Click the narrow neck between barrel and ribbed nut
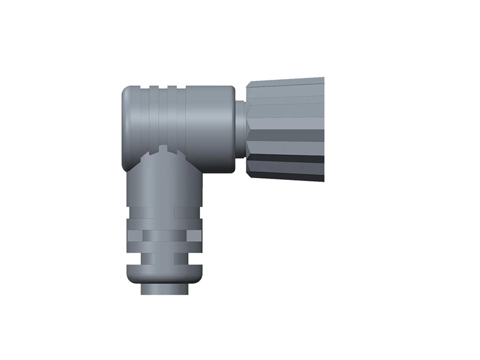[241, 129]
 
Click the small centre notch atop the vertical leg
[164, 147]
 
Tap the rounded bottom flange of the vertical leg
[164, 275]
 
